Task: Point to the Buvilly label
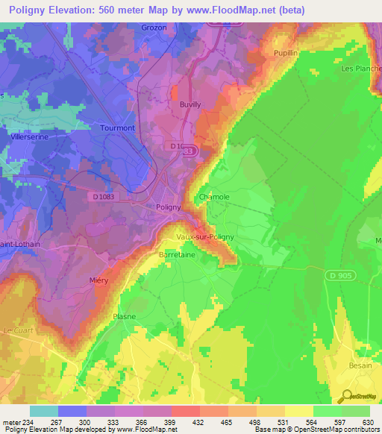pyautogui.click(x=190, y=105)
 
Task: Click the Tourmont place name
pyautogui.click(x=117, y=128)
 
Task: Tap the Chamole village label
pyautogui.click(x=214, y=197)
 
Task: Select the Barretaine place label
pyautogui.click(x=177, y=254)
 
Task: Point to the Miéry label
pyautogui.click(x=98, y=280)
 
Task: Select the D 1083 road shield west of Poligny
pyautogui.click(x=107, y=196)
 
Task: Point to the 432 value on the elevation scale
pyautogui.click(x=198, y=422)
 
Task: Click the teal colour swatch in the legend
pyautogui.click(x=44, y=411)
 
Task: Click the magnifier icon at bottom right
pyautogui.click(x=345, y=394)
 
